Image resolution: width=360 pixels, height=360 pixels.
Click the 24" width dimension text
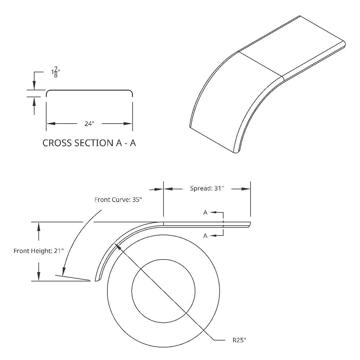[x=89, y=124]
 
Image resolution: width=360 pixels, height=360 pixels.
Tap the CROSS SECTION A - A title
[x=89, y=143]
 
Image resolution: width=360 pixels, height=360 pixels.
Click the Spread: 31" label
[x=207, y=188]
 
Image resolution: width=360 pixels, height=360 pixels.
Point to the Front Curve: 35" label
[x=118, y=200]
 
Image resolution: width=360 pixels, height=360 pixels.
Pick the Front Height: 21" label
[x=39, y=251]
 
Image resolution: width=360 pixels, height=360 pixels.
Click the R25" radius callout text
[x=239, y=340]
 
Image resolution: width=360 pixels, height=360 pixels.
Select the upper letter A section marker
[x=205, y=212]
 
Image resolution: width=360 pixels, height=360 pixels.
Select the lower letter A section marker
[x=205, y=236]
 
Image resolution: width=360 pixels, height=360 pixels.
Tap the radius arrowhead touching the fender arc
[x=118, y=246]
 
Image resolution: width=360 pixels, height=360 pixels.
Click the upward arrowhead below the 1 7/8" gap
[x=34, y=101]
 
